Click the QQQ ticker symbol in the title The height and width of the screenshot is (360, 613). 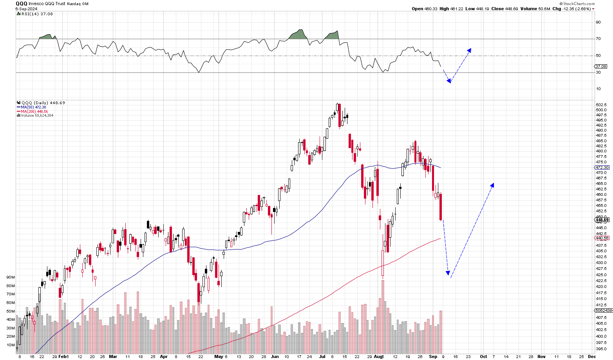click(x=21, y=4)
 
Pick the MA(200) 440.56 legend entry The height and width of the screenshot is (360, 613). click(x=34, y=111)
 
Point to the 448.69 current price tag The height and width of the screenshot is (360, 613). click(x=602, y=220)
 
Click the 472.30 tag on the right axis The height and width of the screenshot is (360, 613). click(x=602, y=168)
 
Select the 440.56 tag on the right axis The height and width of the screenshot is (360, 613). click(x=602, y=238)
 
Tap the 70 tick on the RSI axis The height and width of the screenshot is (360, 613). click(x=598, y=39)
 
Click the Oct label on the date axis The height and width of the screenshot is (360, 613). click(x=483, y=356)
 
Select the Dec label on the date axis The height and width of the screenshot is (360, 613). click(x=592, y=356)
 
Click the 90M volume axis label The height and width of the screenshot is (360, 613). click(x=11, y=277)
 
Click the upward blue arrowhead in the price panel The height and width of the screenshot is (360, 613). click(x=492, y=185)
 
